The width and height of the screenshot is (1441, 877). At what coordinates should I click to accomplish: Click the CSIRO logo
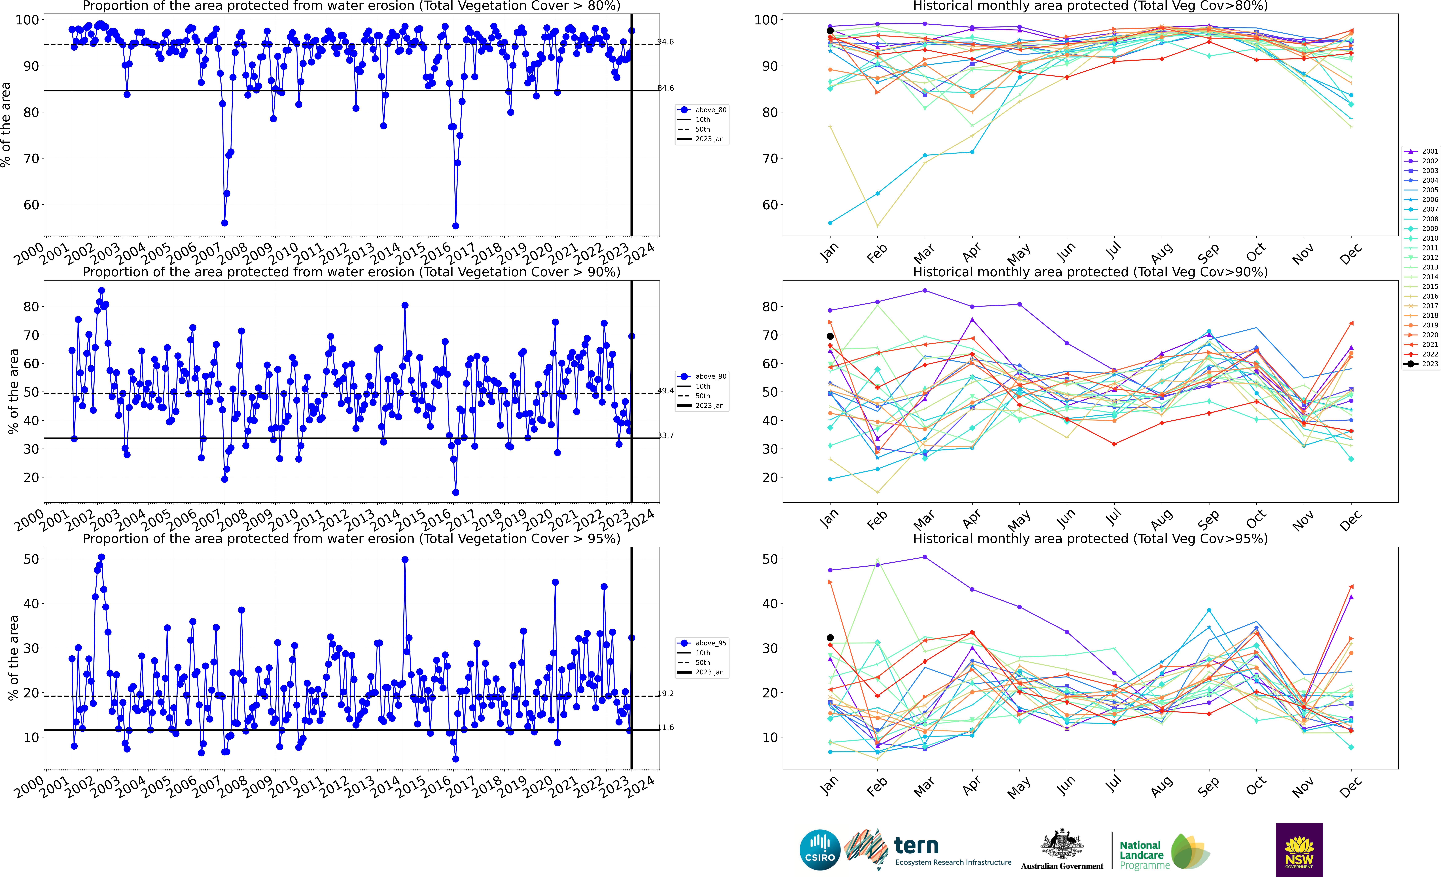click(x=820, y=849)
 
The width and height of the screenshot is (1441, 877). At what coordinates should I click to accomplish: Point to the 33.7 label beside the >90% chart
click(x=666, y=436)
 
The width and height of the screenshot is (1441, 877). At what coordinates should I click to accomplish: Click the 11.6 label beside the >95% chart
click(x=666, y=727)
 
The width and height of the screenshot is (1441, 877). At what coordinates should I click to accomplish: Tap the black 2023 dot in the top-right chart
click(x=830, y=30)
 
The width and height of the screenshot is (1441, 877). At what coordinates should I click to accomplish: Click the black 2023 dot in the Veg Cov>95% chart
click(x=830, y=638)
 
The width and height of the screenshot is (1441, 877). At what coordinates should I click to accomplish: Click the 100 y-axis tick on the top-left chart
click(x=27, y=20)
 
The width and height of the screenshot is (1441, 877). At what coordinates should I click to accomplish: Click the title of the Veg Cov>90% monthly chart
click(x=1090, y=272)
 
